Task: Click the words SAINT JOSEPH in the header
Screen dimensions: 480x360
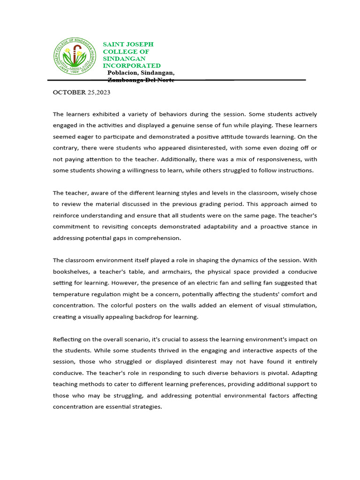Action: tap(128, 44)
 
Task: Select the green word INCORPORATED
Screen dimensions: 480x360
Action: tap(132, 66)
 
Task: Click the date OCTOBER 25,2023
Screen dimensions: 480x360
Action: tap(82, 92)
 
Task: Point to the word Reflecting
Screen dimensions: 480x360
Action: tap(68, 339)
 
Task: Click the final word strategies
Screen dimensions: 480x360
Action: tap(147, 407)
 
